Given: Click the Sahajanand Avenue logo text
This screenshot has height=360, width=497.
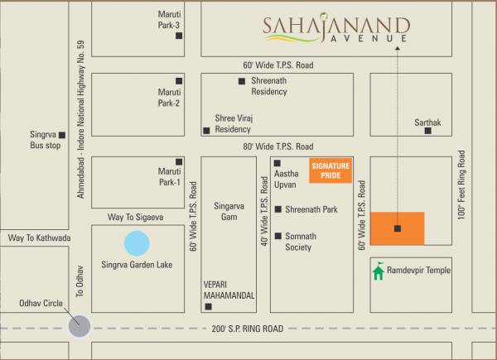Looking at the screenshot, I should [335, 30].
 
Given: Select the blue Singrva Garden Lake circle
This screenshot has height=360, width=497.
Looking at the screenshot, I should [137, 243].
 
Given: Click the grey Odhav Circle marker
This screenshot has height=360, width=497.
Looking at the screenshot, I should [80, 325].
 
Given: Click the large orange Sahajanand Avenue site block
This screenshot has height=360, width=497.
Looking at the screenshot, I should [397, 228].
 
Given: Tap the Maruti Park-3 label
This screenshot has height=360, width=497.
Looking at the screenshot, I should [169, 21].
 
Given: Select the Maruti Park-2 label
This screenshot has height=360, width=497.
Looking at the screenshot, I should [169, 98].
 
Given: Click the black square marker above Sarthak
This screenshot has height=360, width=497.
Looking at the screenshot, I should [428, 131].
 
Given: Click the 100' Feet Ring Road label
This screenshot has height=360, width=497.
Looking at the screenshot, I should [462, 184].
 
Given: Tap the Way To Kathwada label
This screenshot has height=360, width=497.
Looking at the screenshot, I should [39, 238].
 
